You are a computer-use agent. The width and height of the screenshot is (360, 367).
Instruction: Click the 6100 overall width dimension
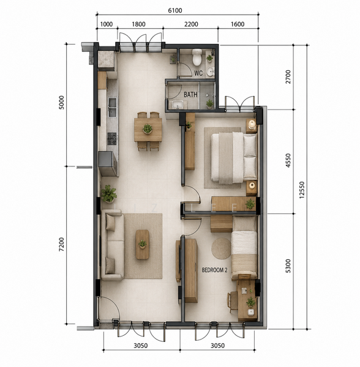[x=175, y=10]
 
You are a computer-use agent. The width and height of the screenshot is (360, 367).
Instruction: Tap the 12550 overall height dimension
[x=302, y=190]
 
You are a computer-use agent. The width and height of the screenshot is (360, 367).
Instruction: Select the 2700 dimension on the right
[x=288, y=76]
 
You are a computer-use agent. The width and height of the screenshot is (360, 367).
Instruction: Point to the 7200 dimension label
[x=61, y=244]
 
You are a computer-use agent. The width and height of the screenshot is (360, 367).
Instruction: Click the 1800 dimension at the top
[x=138, y=24]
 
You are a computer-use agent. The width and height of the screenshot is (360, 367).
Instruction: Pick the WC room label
[x=198, y=73]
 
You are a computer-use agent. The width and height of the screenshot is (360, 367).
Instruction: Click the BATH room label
[x=190, y=95]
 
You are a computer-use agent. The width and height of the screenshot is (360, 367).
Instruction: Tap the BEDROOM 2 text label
[x=214, y=270]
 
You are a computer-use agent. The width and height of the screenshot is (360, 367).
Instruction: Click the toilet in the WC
[x=197, y=57]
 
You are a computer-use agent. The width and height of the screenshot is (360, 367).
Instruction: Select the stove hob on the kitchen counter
[x=111, y=139]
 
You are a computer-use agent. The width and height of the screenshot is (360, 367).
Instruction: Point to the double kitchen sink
[x=112, y=107]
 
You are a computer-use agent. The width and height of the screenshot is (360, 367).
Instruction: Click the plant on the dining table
[x=148, y=128]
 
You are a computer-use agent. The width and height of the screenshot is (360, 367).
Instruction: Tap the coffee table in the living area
[x=143, y=244]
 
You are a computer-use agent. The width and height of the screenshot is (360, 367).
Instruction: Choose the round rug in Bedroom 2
[x=222, y=248]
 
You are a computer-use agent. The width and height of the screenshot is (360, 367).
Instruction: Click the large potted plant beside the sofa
[x=108, y=193]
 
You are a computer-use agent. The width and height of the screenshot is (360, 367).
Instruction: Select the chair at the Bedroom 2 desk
[x=233, y=302]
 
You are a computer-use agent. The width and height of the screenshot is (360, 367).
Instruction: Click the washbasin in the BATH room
[x=178, y=105]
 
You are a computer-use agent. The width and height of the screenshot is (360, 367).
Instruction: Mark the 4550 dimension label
[x=288, y=160]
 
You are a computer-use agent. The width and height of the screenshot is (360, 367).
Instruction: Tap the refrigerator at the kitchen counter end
[x=107, y=163]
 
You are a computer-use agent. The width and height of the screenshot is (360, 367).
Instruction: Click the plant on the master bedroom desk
[x=250, y=204]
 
